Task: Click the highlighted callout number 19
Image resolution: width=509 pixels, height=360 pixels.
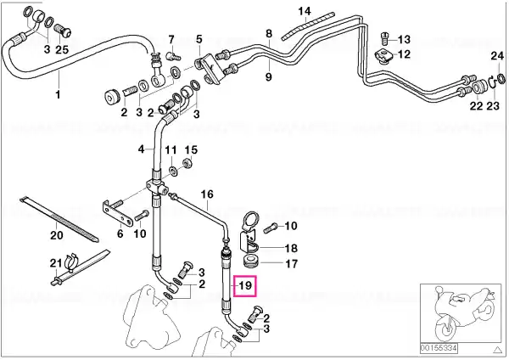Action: tap(245, 285)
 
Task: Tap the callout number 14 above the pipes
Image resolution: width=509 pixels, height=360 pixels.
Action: tap(305, 11)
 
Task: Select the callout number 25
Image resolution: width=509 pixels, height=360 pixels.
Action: tap(62, 50)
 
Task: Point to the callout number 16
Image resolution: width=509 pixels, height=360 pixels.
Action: tap(207, 194)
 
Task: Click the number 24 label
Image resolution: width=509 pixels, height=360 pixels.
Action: tap(497, 56)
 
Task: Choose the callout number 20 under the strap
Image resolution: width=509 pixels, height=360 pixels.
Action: tap(57, 234)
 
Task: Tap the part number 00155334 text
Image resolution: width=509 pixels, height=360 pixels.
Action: tap(439, 349)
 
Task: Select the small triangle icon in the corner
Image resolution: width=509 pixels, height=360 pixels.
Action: tap(497, 350)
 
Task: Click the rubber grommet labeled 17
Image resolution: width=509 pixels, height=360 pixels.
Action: tap(250, 262)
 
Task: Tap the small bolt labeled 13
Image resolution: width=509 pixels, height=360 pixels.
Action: tap(384, 38)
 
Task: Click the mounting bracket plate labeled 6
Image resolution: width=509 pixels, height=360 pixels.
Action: tap(118, 213)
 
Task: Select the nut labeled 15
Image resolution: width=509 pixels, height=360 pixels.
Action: tap(187, 162)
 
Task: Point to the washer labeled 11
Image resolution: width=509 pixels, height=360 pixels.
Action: tap(174, 171)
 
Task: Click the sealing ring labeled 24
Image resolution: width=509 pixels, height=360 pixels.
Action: tap(501, 78)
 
